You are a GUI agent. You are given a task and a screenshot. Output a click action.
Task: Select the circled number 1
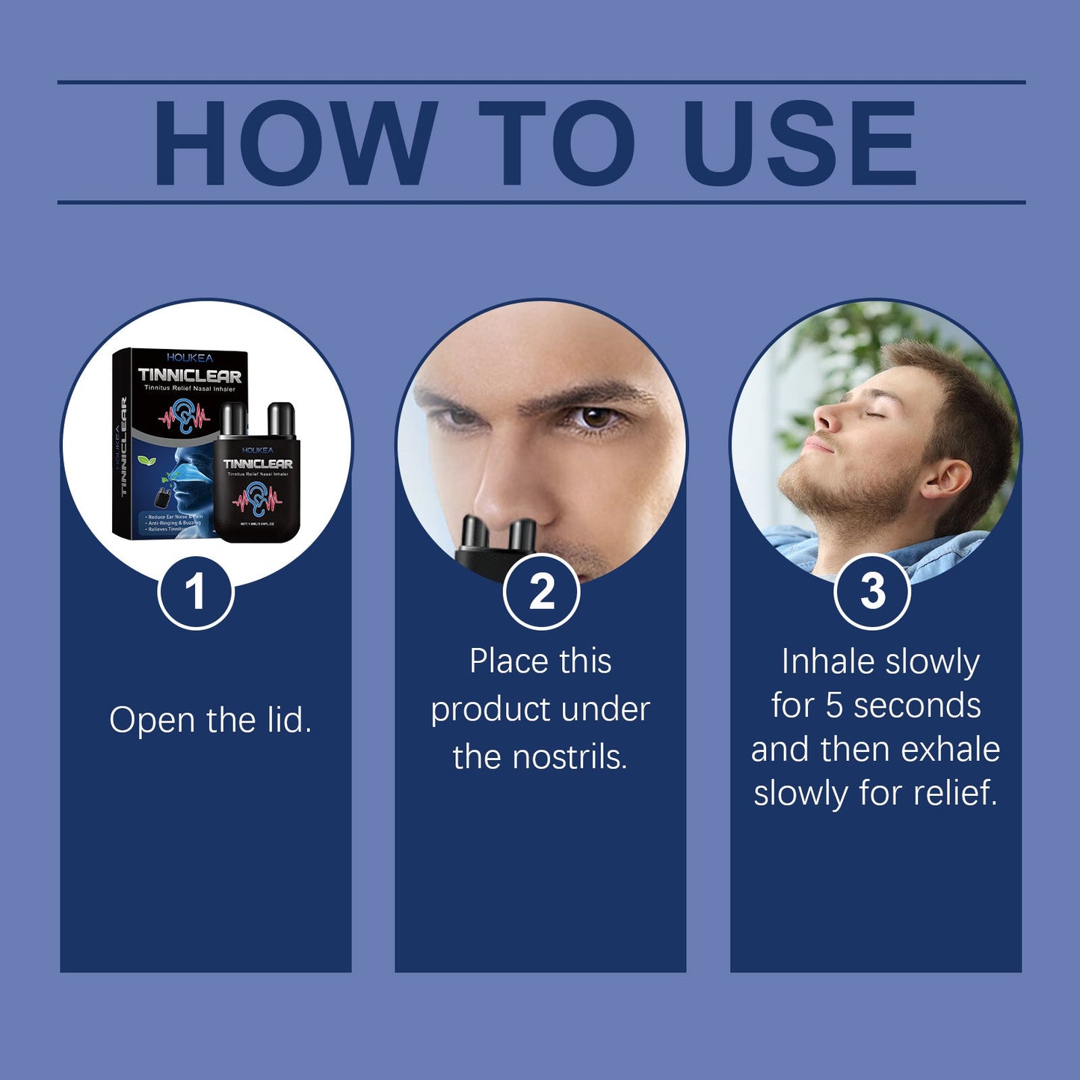coord(196,592)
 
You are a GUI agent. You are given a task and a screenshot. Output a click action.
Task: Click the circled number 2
coord(541,592)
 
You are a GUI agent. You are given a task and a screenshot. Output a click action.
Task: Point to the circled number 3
coord(872,592)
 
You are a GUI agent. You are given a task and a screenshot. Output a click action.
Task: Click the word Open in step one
coord(154,721)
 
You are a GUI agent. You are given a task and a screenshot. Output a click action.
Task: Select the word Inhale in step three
coord(827,661)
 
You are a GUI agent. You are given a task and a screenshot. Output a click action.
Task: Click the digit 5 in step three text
coord(834,706)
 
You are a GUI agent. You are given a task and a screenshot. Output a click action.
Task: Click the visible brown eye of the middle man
coord(596,417)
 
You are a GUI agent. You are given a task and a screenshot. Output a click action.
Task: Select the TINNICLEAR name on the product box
coord(190,376)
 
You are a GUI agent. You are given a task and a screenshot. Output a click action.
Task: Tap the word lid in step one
coord(288,720)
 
